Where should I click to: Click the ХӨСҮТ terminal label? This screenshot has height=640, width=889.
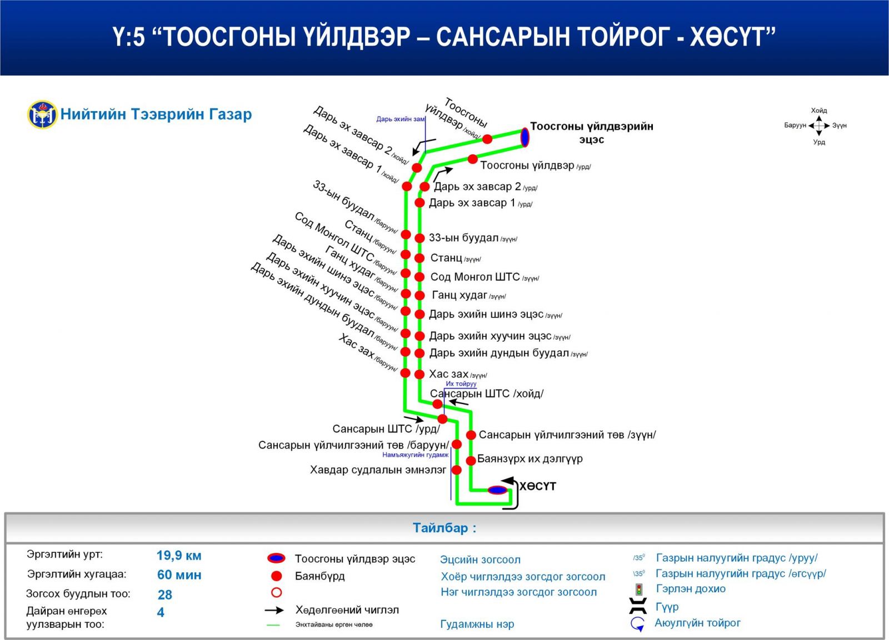[x=537, y=486]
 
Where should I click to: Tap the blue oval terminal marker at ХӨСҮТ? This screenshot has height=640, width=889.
[x=497, y=490]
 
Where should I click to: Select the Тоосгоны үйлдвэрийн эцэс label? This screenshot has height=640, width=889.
[x=591, y=133]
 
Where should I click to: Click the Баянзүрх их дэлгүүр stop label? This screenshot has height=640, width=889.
[x=530, y=459]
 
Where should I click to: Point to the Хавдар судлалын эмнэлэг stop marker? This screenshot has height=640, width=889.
[x=457, y=470]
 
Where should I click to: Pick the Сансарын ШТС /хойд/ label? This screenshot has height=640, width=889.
[x=487, y=394]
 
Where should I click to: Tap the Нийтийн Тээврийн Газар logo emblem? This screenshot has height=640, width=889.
[x=42, y=114]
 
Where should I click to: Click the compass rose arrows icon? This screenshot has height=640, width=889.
[x=819, y=126]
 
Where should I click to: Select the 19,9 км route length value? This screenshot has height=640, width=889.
[x=179, y=556]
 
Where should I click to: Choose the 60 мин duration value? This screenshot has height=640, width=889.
[x=179, y=575]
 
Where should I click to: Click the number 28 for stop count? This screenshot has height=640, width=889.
[x=165, y=595]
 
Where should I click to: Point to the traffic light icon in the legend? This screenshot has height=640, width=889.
[x=640, y=589]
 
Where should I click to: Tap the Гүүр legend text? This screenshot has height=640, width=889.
[x=667, y=607]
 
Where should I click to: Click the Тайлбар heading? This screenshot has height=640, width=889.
[x=444, y=528]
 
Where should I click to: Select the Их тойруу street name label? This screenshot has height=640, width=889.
[x=461, y=384]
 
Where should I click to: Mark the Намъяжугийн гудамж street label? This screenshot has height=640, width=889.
[x=415, y=455]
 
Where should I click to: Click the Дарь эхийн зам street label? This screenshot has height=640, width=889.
[x=400, y=119]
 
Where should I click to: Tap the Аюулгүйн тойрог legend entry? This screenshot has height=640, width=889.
[x=697, y=623]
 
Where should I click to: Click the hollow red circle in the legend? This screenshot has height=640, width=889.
[x=276, y=592]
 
